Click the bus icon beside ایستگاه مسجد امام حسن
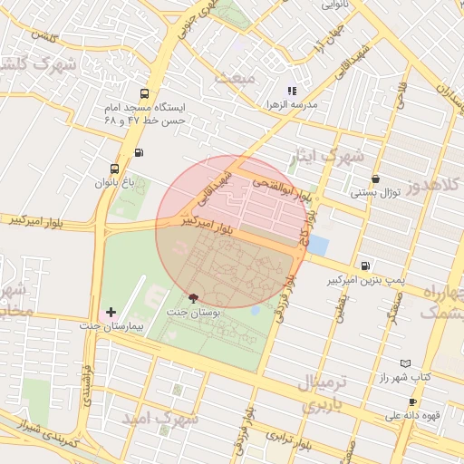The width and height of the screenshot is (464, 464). [145, 94]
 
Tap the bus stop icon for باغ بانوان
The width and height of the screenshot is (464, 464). [114, 169]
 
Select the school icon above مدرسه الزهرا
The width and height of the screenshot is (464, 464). [292, 91]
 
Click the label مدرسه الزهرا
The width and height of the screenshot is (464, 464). [292, 105]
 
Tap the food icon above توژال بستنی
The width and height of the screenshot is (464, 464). [376, 179]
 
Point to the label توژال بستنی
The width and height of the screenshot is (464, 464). [376, 193]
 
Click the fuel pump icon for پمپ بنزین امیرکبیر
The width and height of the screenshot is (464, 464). [364, 266]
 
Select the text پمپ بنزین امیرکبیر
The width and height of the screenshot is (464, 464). [364, 281]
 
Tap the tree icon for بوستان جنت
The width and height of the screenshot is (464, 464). [192, 297]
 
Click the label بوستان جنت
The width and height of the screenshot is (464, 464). [192, 312]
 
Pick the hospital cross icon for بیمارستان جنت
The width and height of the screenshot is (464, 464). [111, 312]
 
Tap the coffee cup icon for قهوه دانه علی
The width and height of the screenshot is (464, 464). [413, 401]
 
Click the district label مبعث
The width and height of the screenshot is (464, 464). [237, 78]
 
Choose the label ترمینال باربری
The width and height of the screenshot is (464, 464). [319, 393]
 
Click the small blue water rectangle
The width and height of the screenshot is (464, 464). [318, 245]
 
